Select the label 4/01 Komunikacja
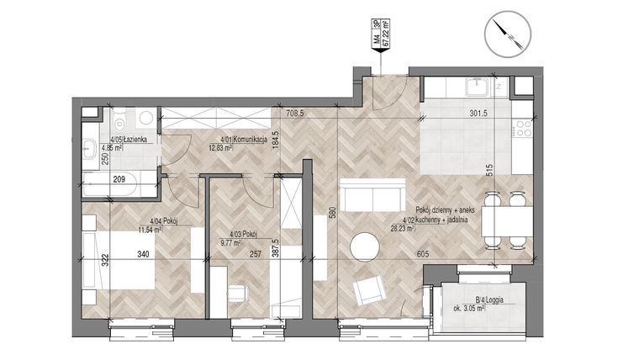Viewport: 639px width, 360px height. coord(244,140)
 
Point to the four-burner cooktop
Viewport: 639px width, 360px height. coord(521,128)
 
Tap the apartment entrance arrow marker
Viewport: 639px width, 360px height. coord(382,52)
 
